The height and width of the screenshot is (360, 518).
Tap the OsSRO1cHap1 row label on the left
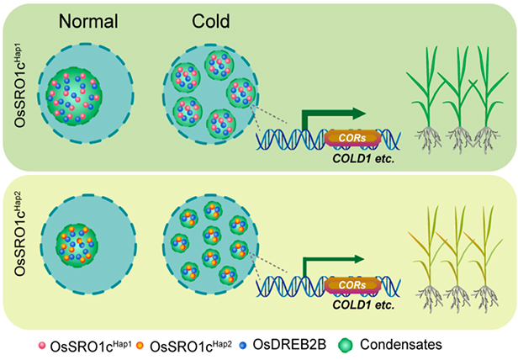pos(20,88)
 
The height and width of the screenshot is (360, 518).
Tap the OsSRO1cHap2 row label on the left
pos(20,250)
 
